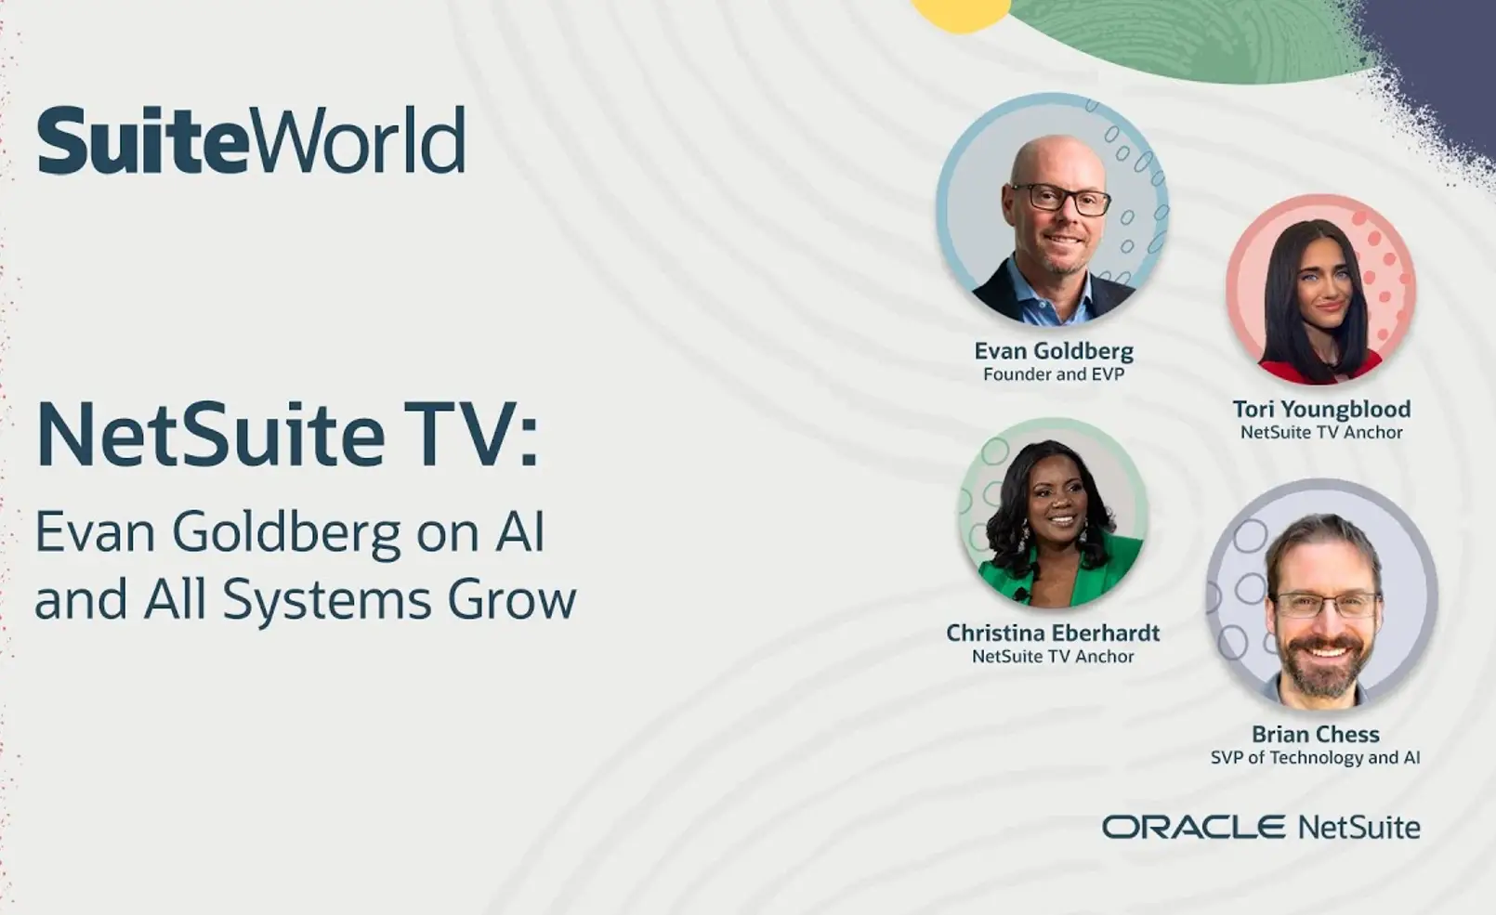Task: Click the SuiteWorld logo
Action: coord(251,140)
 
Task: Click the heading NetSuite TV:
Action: coord(287,435)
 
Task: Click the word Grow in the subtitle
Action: coord(512,599)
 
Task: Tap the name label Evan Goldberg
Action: coord(1054,350)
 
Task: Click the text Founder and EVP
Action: coord(1054,374)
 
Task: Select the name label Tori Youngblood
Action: coord(1321,409)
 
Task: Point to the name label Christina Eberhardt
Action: coord(1053,633)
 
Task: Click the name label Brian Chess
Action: coord(1315,734)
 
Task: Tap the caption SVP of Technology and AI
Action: coord(1315,757)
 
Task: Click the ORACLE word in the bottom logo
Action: coord(1193,827)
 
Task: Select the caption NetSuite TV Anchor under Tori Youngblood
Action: coord(1321,432)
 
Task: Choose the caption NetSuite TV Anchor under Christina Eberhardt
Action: coord(1053,656)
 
